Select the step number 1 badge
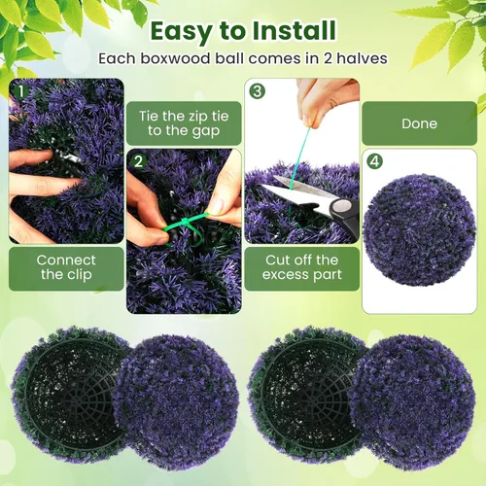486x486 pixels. (x=17, y=91)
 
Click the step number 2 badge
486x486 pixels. (x=138, y=161)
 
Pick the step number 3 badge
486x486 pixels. (x=257, y=91)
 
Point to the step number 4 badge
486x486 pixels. (x=374, y=161)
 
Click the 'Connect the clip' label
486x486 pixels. (x=65, y=267)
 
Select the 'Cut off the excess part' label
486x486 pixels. (x=301, y=267)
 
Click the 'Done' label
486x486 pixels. (x=419, y=123)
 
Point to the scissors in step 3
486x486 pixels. (x=316, y=199)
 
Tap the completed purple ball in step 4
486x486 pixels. (x=420, y=228)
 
